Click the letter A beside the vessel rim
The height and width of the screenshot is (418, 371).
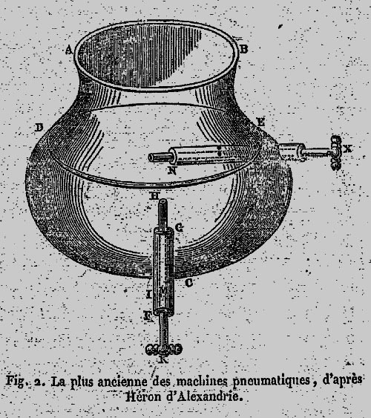69,50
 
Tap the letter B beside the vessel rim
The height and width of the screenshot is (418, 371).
243,49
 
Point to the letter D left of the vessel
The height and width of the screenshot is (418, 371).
39,128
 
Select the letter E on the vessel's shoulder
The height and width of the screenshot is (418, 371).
260,123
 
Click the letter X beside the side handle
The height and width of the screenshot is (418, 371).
347,148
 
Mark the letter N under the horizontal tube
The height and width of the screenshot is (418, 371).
172,171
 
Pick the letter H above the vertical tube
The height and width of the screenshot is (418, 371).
154,196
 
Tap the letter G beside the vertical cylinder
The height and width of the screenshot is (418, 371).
180,227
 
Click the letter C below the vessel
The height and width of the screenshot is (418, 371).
188,283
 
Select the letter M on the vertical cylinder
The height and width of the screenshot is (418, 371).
164,290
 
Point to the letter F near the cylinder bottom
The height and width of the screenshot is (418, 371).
148,316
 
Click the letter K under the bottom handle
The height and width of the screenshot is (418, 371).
163,360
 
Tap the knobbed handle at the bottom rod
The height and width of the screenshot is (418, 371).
164,349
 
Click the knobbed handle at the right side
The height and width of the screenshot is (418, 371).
336,152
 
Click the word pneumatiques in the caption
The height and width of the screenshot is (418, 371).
272,381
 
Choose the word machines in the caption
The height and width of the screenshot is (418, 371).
202,380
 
